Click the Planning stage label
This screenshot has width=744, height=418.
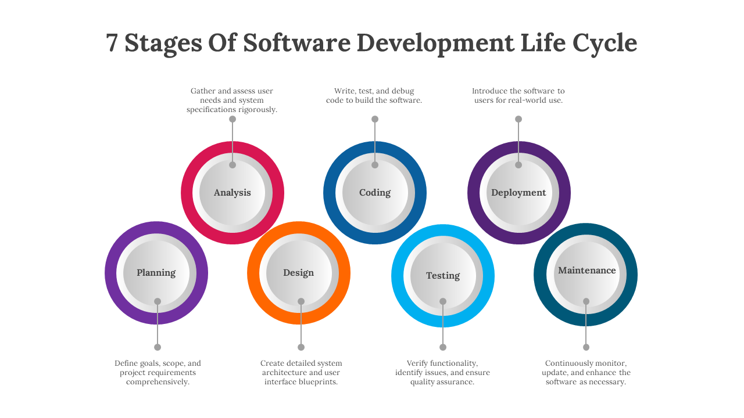(156, 273)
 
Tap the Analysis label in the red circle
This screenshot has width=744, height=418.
(232, 193)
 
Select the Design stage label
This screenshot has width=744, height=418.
(298, 273)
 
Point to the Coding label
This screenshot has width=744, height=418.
(375, 193)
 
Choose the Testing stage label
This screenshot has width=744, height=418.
(443, 276)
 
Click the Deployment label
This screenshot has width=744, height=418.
(518, 193)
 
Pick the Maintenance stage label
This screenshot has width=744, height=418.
(586, 271)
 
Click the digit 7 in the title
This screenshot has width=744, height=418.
(113, 44)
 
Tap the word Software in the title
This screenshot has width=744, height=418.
(296, 44)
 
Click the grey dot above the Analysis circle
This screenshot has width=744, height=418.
(233, 119)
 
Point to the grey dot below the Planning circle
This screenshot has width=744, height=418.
(158, 347)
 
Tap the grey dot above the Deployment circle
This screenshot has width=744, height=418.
(518, 119)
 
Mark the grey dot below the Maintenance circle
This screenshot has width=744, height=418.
(586, 347)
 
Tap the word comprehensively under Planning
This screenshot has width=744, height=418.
(158, 382)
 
